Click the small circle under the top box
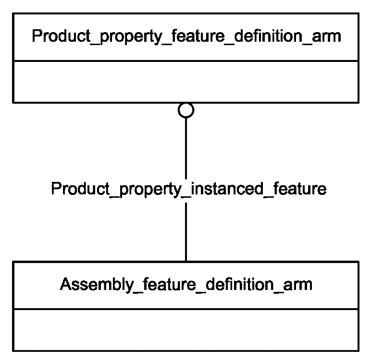(186, 110)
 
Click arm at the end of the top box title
(326, 37)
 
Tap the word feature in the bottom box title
(170, 284)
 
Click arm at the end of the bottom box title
(297, 285)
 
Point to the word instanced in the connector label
(227, 189)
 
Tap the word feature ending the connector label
(299, 189)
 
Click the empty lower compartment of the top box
(186, 82)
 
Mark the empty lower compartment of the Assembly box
(186, 330)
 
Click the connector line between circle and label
(186, 148)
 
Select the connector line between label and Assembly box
(186, 232)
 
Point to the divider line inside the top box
(186, 61)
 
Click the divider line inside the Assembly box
(186, 309)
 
